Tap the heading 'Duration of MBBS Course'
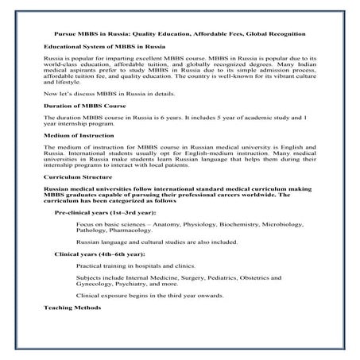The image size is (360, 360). point(87,127)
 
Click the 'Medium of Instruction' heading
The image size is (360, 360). point(82,156)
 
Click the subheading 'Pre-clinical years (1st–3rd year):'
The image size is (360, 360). point(105,236)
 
